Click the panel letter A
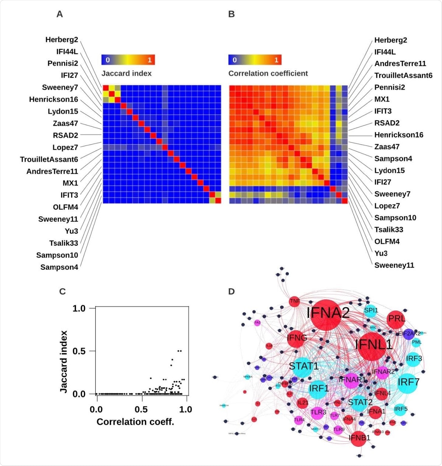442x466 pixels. pos(60,14)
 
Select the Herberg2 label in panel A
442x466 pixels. pos(62,40)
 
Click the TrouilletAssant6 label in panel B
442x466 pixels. pos(403,76)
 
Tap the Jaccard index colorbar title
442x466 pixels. pos(126,73)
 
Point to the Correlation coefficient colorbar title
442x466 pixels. pos(268,73)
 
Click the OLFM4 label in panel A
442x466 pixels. pos(66,207)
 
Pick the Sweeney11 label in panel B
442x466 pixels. pos(394,265)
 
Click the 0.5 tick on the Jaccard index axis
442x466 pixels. pos(79,351)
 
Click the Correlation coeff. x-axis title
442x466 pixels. pos(135,422)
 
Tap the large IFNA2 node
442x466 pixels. pos(327,314)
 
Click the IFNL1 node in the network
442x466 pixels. pos(373,345)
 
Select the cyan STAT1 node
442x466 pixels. pos(304,366)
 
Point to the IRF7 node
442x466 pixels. pos(408,382)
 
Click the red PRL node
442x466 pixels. pos(396,319)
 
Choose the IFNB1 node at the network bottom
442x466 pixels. pos(359,438)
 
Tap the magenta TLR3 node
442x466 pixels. pos(318,412)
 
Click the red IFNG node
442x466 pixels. pos(297,338)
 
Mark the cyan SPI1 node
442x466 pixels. pos(371,310)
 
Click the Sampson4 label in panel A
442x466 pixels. pos(59,267)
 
